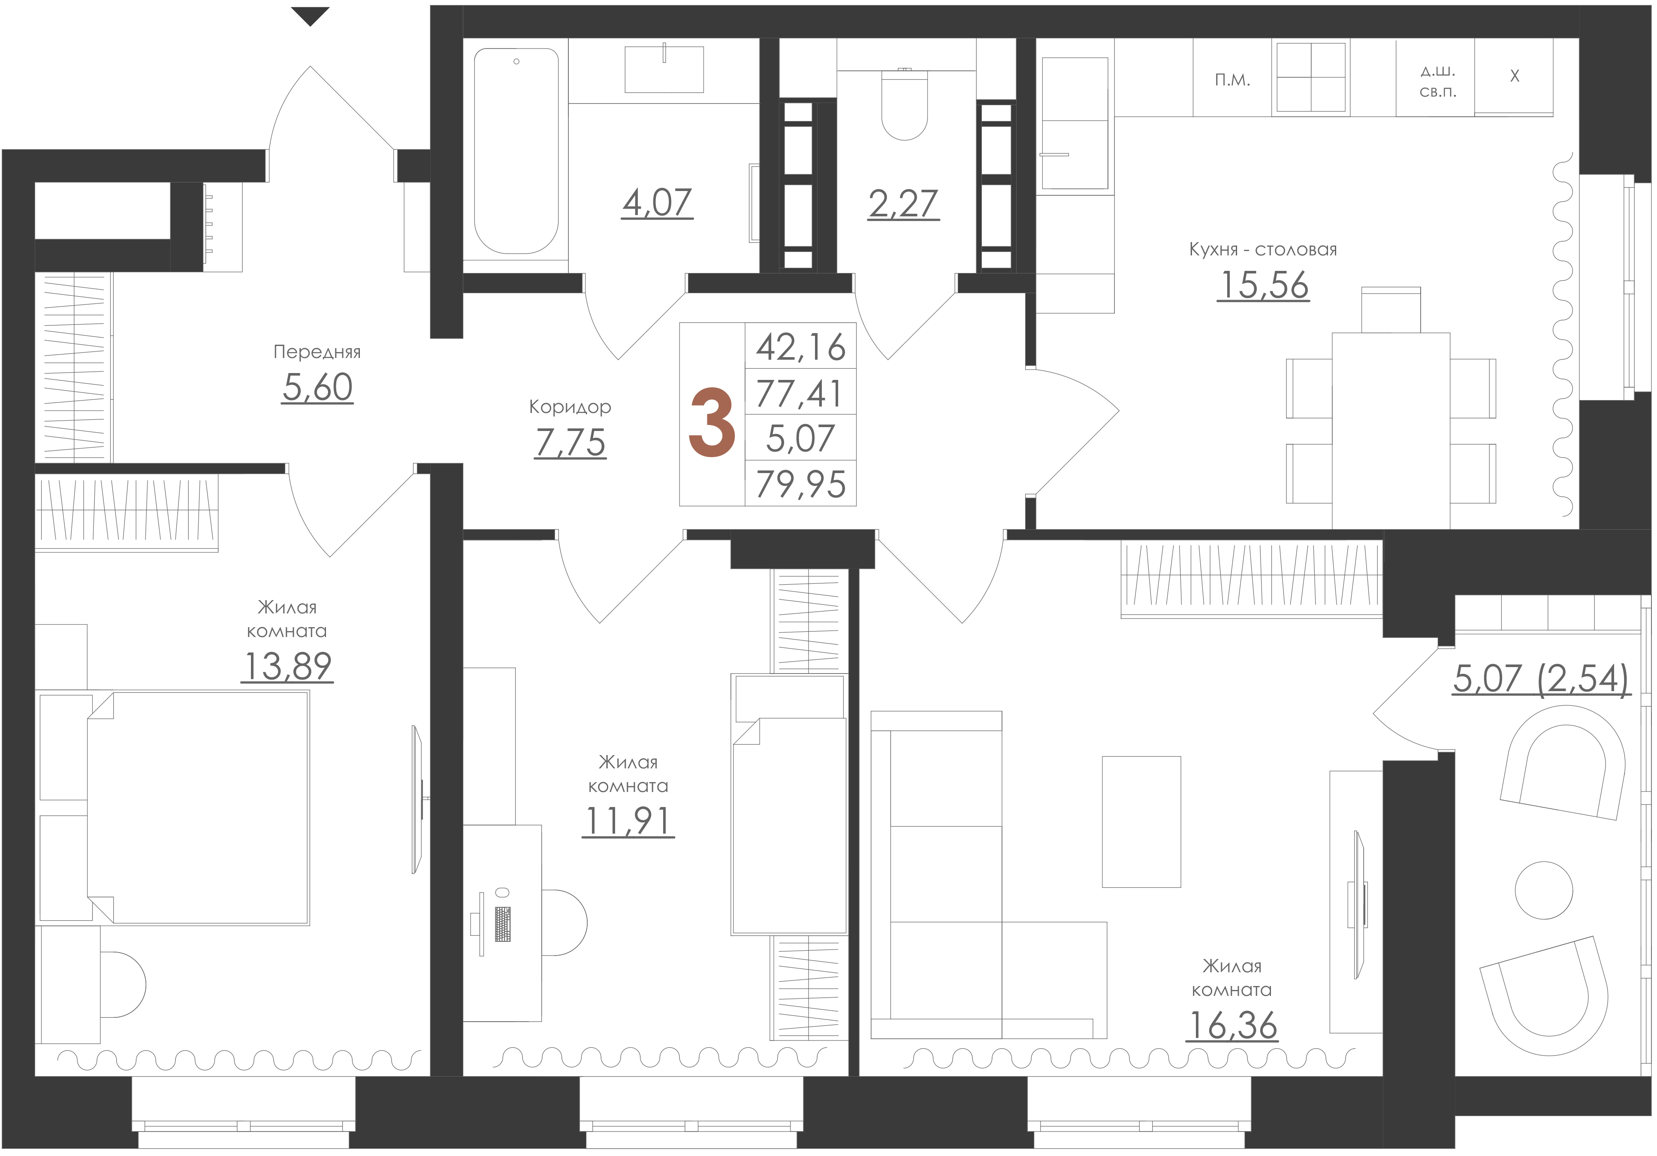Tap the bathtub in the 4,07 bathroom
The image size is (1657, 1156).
coord(516,151)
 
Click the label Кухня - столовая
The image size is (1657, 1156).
coord(1263,250)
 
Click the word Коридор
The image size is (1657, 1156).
coord(570,407)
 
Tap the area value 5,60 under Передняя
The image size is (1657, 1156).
coord(317,388)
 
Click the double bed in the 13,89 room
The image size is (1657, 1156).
coord(199,808)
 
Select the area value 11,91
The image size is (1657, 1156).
coord(628,821)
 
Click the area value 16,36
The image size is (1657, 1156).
coord(1232,1026)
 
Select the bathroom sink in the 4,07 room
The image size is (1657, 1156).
coord(664,69)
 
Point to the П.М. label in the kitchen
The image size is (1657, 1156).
coord(1233,80)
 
